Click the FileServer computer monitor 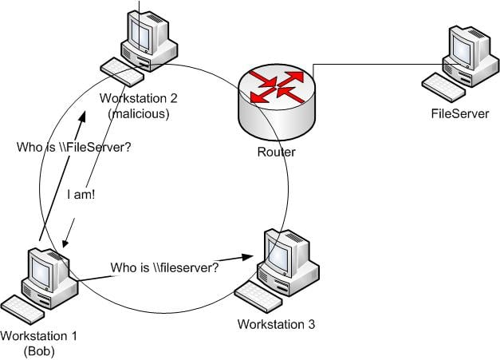pyautogui.click(x=462, y=46)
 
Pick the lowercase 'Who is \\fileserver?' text pyautogui.click(x=164, y=267)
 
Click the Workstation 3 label pyautogui.click(x=276, y=324)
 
